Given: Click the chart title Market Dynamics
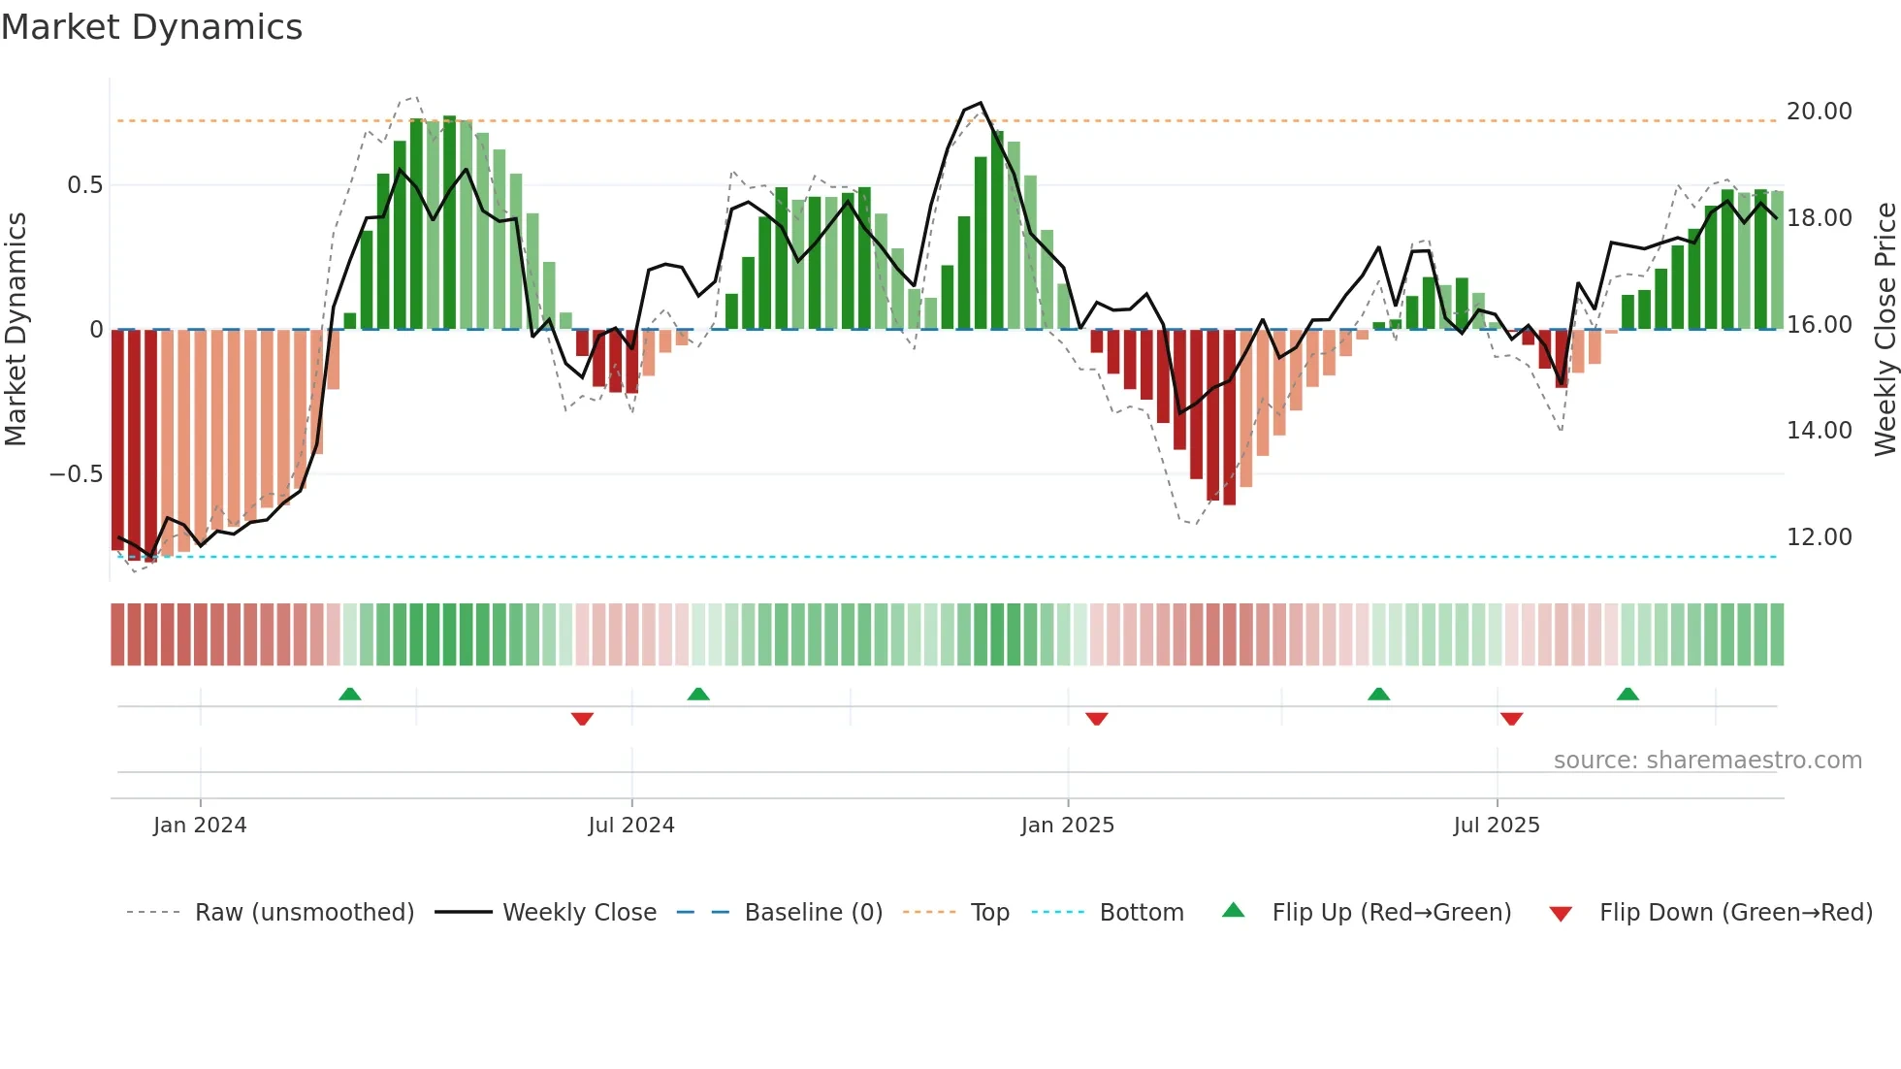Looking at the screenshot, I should tap(152, 27).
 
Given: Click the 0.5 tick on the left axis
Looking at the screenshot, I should tap(84, 185).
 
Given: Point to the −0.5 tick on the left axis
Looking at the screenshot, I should tap(77, 474).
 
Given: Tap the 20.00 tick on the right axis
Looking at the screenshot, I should tap(1819, 112).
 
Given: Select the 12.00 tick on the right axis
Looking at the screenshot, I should tap(1819, 537).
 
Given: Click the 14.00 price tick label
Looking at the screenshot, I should tap(1819, 431).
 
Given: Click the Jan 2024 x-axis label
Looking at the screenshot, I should tap(200, 826).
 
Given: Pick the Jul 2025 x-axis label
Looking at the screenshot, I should tap(1496, 826).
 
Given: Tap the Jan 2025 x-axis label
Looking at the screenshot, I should tap(1067, 826).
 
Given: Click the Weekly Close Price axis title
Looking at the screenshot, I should tap(1885, 329).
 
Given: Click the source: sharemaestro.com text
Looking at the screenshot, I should tap(1707, 761).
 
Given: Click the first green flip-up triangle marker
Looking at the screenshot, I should tap(350, 694).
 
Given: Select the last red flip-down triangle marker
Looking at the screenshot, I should tap(1511, 719).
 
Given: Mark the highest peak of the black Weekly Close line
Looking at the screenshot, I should tap(981, 103).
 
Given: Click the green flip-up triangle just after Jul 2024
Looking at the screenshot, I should tap(698, 694).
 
